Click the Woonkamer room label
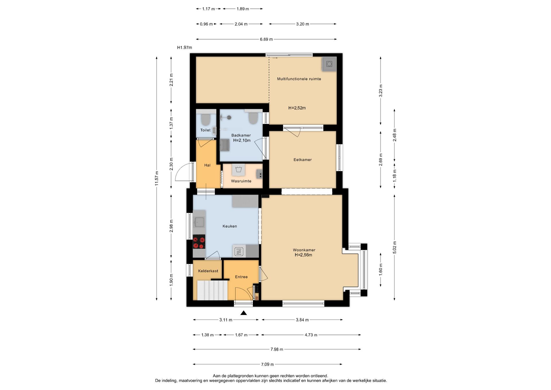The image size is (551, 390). pos(304,250)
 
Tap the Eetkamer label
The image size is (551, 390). pos(302,160)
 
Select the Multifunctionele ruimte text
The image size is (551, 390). pos(299,79)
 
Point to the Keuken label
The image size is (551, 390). pos(230,226)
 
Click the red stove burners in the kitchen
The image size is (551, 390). pos(199,242)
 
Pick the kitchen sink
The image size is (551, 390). pos(199,222)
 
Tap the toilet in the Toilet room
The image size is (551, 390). pos(205,119)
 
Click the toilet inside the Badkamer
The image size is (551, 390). pos(253,118)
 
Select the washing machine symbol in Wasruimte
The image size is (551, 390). pos(238,169)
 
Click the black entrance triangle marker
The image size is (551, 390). pos(244,313)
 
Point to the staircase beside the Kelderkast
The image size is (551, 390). pos(212,290)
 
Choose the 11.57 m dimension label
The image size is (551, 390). pos(157,178)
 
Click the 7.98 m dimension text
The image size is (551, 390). pos(277,349)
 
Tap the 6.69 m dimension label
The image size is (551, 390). pos(266,39)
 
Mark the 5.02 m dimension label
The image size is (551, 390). pos(395,248)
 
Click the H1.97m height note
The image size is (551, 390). pos(185,47)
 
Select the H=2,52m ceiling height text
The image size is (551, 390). pos(297,108)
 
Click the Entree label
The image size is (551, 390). pos(241,277)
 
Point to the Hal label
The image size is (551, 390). pos(207,165)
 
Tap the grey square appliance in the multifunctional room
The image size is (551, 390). pos(329,64)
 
